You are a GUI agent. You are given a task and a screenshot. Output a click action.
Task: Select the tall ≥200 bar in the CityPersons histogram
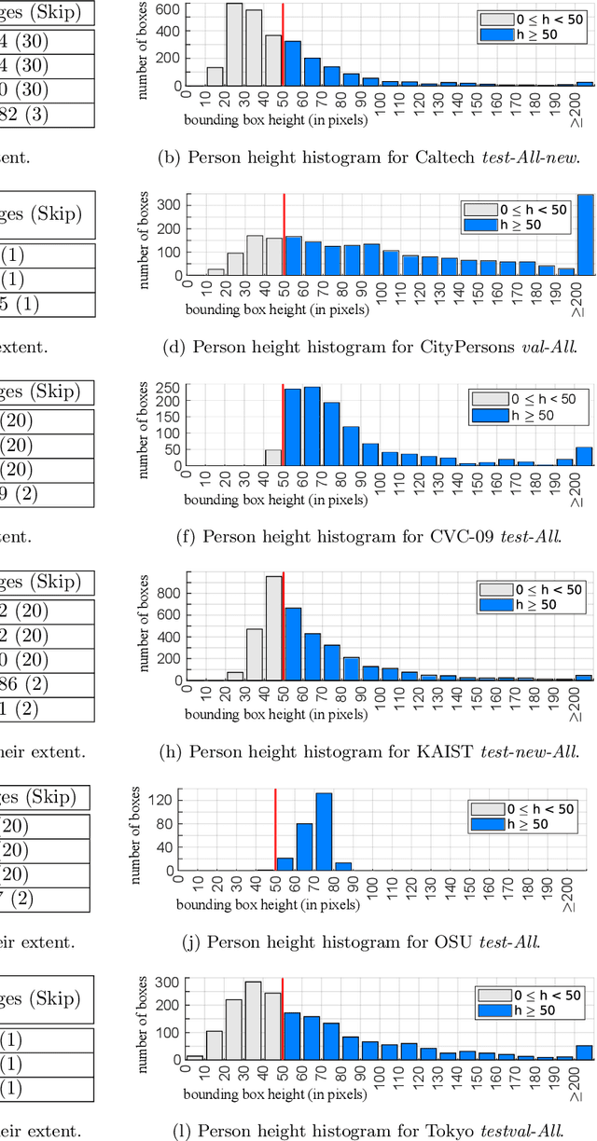click(x=585, y=235)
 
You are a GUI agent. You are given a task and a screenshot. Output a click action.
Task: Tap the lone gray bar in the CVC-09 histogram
click(x=272, y=458)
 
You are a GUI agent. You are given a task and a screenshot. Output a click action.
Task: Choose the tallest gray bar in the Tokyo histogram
click(x=253, y=1020)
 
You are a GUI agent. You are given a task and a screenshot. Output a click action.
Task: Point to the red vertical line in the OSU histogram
click(x=275, y=830)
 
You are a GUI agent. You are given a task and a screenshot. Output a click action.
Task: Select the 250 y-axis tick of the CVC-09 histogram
click(x=170, y=388)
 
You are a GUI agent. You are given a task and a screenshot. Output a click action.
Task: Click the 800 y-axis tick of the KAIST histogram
click(x=171, y=591)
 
